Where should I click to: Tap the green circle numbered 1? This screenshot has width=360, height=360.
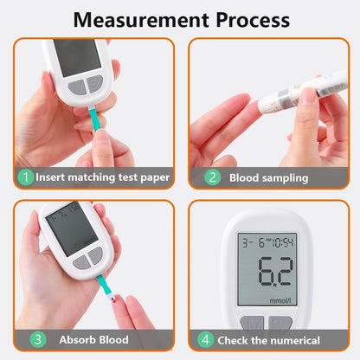pos(26,177)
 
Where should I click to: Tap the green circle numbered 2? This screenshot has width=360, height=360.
pos(212,177)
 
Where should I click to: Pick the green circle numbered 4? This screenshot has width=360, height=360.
pos(205,340)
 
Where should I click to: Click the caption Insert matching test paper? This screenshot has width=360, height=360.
pos(103,177)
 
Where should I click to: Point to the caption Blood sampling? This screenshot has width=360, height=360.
pos(268,177)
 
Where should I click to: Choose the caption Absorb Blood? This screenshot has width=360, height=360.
pos(94,340)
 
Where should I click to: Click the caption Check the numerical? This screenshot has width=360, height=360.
pos(269,340)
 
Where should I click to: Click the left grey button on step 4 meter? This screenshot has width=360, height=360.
pos(253,325)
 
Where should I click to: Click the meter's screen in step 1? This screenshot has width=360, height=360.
pos(76,55)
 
